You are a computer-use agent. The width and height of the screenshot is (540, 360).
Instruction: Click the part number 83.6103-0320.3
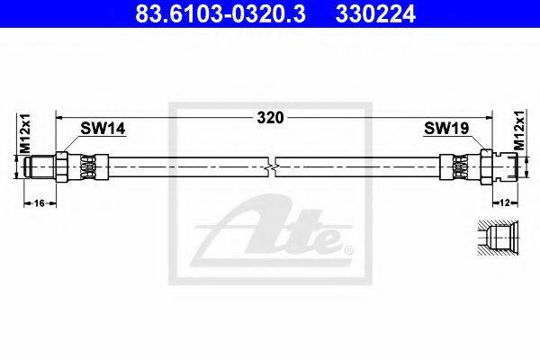(220, 14)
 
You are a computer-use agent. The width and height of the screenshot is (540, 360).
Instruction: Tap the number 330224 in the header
(375, 14)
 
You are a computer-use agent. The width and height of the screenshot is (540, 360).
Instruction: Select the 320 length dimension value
(270, 118)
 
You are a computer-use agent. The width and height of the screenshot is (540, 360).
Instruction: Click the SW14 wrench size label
(103, 129)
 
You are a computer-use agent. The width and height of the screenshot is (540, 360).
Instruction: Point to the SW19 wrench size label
(446, 128)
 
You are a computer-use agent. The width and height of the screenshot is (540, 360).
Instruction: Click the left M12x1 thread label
(25, 134)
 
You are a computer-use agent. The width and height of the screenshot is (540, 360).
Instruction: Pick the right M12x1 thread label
(519, 130)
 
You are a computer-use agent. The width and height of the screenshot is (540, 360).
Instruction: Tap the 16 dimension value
(40, 203)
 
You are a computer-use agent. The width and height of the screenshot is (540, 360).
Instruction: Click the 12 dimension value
(505, 202)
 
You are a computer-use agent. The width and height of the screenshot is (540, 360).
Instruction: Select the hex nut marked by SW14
(61, 166)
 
